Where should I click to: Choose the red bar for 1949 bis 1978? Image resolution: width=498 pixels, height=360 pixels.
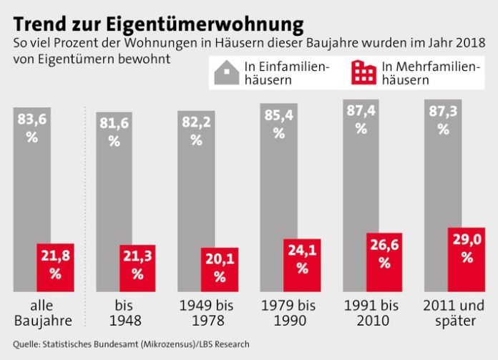(220, 269)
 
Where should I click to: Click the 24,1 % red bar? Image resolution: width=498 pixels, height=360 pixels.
(301, 264)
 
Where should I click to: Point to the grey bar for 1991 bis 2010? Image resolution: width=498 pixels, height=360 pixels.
(360, 179)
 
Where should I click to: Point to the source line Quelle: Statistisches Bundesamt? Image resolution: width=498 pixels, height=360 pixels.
(132, 343)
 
